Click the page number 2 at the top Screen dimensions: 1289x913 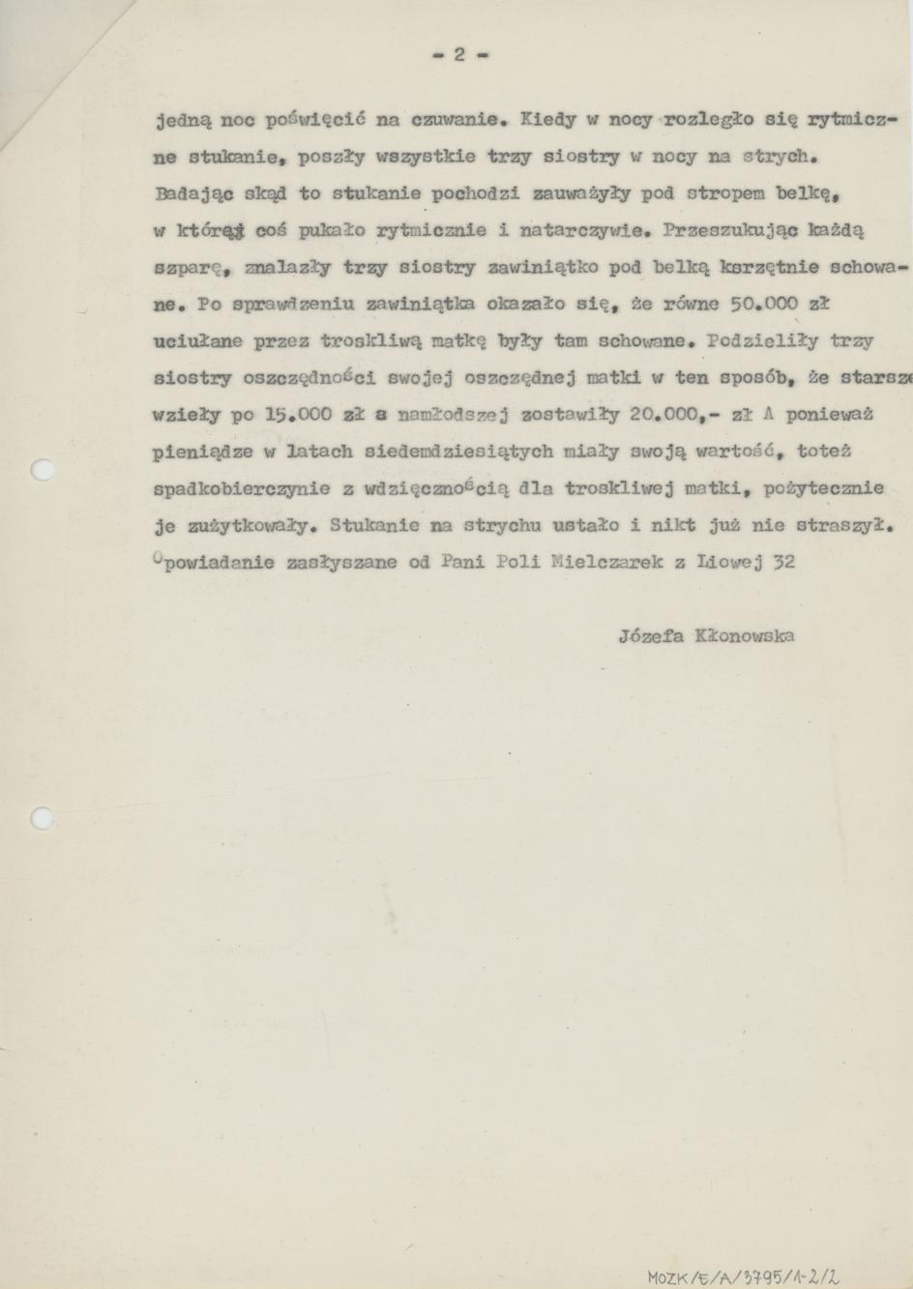[x=459, y=55]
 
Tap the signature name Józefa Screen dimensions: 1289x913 [x=649, y=635]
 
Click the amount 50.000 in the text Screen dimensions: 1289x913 [x=764, y=304]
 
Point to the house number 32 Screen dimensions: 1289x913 [x=783, y=562]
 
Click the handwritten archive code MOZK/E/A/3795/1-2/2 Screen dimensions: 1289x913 [x=745, y=1276]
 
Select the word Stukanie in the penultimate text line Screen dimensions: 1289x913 [x=373, y=525]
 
